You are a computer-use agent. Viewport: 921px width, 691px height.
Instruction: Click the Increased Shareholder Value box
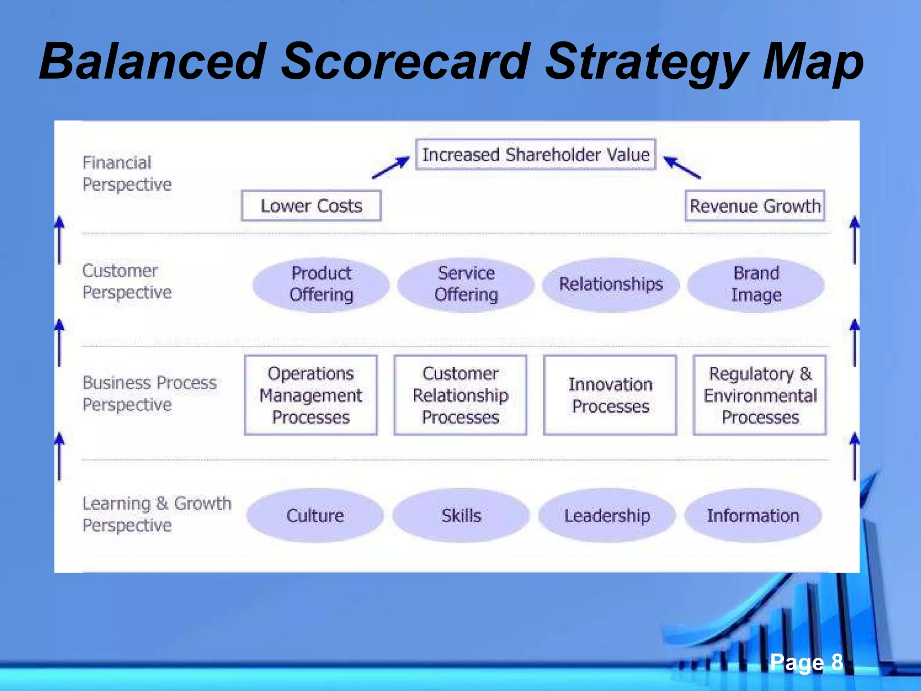coord(535,154)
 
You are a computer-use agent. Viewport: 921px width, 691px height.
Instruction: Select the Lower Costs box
coord(311,206)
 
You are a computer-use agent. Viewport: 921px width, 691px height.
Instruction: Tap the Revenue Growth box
coord(755,206)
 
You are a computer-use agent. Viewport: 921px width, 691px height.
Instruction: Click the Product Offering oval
coord(321,284)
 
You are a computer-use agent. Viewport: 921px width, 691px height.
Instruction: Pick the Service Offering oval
coord(466,284)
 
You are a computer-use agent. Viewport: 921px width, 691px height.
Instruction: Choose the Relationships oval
coord(611,284)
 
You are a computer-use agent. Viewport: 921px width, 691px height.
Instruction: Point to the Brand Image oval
coord(756,284)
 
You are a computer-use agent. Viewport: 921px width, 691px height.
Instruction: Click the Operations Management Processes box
coord(311,395)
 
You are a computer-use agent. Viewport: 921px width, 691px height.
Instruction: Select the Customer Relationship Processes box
coord(460,395)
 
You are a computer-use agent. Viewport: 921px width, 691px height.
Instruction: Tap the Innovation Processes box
coord(610,395)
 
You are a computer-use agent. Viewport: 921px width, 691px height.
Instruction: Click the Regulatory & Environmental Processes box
coord(760,395)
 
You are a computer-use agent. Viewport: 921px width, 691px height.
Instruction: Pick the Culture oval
coord(315,516)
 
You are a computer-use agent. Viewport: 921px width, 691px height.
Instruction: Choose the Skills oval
coord(461,516)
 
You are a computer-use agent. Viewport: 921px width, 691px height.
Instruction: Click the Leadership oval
coord(607,516)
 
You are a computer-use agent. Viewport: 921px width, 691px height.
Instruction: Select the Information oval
coord(753,516)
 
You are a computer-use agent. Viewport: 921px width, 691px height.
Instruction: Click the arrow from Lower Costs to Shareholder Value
coord(391,168)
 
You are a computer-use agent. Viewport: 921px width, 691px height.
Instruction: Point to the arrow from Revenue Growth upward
coord(682,167)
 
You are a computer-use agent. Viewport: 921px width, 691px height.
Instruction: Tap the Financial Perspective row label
coord(127,174)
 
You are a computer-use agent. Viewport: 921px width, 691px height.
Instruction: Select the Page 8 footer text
coord(806,662)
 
